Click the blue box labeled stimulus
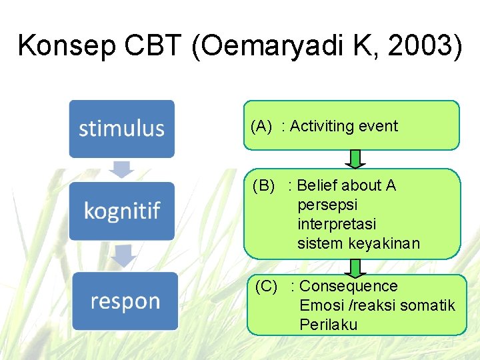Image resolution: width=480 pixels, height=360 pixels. pyautogui.click(x=121, y=128)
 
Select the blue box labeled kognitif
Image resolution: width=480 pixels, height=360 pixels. pyautogui.click(x=121, y=211)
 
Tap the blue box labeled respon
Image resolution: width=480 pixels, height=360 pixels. pyautogui.click(x=125, y=301)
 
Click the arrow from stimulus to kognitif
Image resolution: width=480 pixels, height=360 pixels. pyautogui.click(x=121, y=169)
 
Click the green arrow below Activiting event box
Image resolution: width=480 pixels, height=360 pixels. pyautogui.click(x=355, y=159)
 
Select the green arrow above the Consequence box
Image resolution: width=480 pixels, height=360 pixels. pyautogui.click(x=355, y=267)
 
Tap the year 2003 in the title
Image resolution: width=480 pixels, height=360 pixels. pyautogui.click(x=424, y=46)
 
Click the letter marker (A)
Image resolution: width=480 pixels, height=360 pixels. pyautogui.click(x=261, y=126)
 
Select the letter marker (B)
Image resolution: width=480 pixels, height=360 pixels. pyautogui.click(x=263, y=185)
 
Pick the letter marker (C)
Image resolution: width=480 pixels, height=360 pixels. pyautogui.click(x=266, y=287)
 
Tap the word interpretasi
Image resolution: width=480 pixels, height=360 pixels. pyautogui.click(x=337, y=223)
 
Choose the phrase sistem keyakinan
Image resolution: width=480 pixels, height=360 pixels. pyautogui.click(x=359, y=243)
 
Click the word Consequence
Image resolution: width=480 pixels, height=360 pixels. pyautogui.click(x=349, y=287)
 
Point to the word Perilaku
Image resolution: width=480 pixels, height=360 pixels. pyautogui.click(x=329, y=325)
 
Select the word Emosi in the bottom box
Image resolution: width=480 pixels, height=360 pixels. pyautogui.click(x=319, y=305)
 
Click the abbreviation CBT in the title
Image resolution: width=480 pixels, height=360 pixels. pyautogui.click(x=153, y=46)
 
